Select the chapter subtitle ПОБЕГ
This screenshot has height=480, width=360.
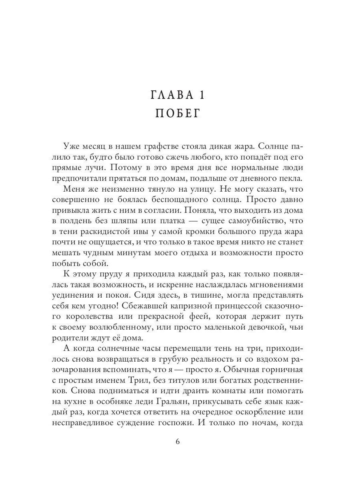180,113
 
